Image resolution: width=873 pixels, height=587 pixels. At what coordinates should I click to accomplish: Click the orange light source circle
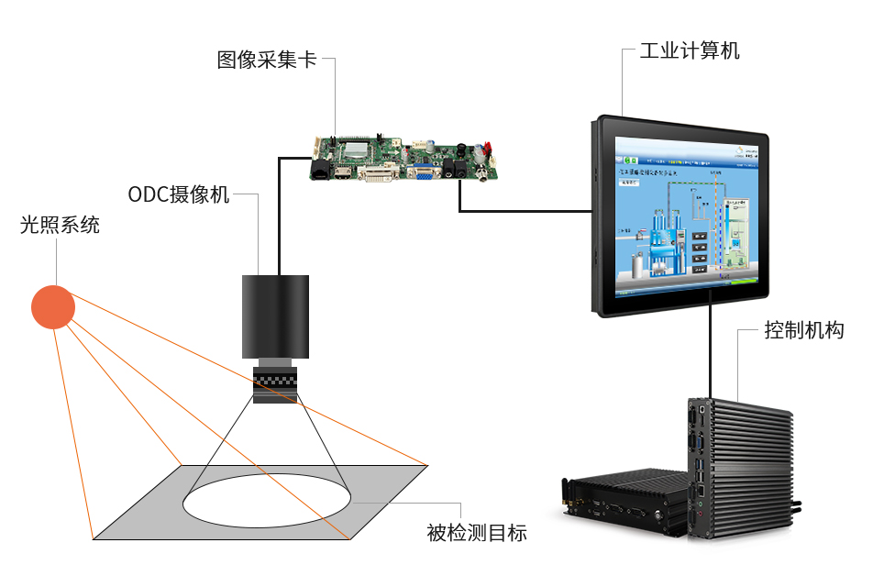coord(53,306)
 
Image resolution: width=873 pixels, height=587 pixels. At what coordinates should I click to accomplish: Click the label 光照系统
coord(60,225)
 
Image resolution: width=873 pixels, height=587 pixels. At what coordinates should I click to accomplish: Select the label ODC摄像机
coord(179,194)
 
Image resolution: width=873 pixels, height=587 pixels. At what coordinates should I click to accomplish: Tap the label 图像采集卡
coord(267,61)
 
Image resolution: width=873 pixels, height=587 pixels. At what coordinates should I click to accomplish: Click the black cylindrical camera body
coord(275,316)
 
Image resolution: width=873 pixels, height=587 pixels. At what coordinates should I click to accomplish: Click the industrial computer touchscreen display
coord(683,216)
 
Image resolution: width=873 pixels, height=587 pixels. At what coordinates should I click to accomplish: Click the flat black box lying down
coord(624,500)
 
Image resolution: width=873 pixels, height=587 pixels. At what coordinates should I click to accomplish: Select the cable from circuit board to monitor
coord(523,212)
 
